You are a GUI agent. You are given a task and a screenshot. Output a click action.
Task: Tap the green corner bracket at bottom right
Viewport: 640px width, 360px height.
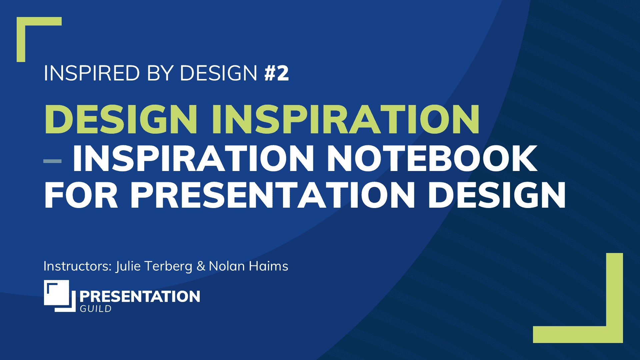click(x=614, y=333)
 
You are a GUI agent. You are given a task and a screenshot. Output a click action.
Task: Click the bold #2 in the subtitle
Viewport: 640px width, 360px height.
click(x=277, y=73)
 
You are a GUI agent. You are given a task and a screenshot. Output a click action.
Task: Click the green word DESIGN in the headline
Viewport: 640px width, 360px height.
click(x=121, y=119)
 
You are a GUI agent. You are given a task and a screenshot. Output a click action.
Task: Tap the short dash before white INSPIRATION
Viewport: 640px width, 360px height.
click(x=52, y=161)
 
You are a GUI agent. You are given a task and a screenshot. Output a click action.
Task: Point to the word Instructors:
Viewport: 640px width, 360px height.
click(x=78, y=266)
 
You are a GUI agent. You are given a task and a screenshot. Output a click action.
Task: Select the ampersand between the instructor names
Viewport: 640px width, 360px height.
click(x=201, y=266)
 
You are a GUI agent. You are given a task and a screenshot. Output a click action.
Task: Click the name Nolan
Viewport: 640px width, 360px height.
click(x=227, y=266)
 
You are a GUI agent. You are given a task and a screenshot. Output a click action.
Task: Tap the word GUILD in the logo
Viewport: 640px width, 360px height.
click(x=96, y=309)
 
